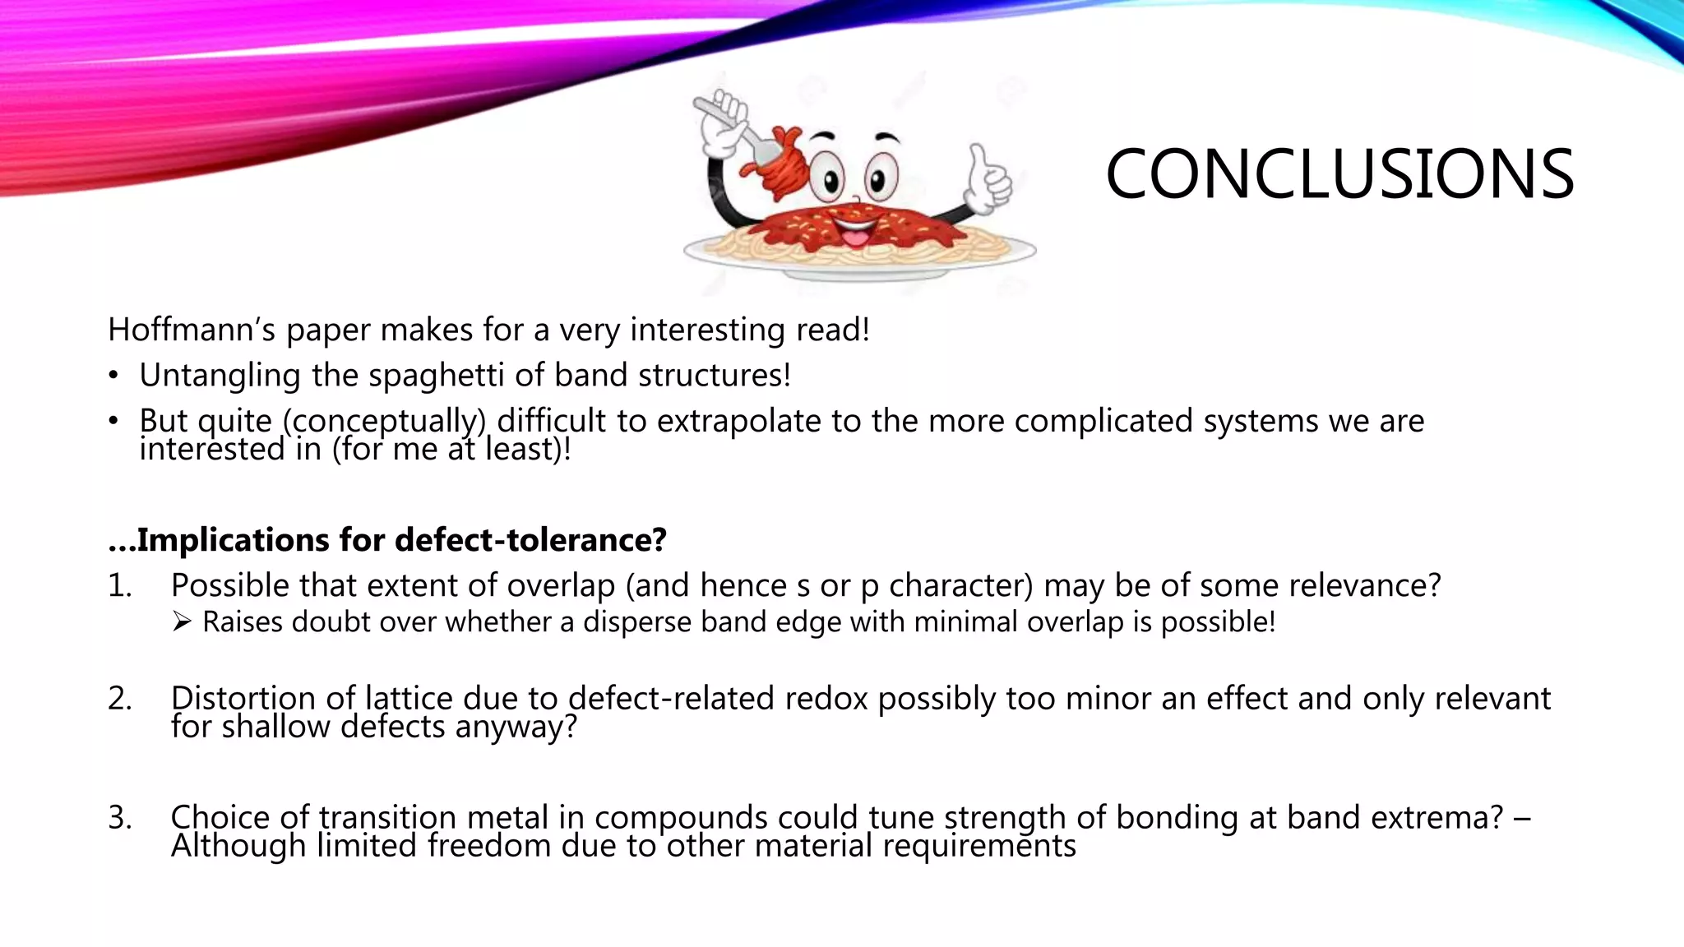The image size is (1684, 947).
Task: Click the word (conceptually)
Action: coord(384,421)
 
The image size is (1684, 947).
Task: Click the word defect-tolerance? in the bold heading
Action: coord(530,540)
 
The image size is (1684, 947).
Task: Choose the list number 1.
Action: coord(118,586)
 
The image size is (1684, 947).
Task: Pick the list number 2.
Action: coord(119,699)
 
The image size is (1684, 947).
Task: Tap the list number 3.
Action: coord(119,818)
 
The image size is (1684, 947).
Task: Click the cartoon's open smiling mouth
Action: coord(855,233)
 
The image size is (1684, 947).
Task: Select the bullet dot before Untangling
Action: coord(113,376)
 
